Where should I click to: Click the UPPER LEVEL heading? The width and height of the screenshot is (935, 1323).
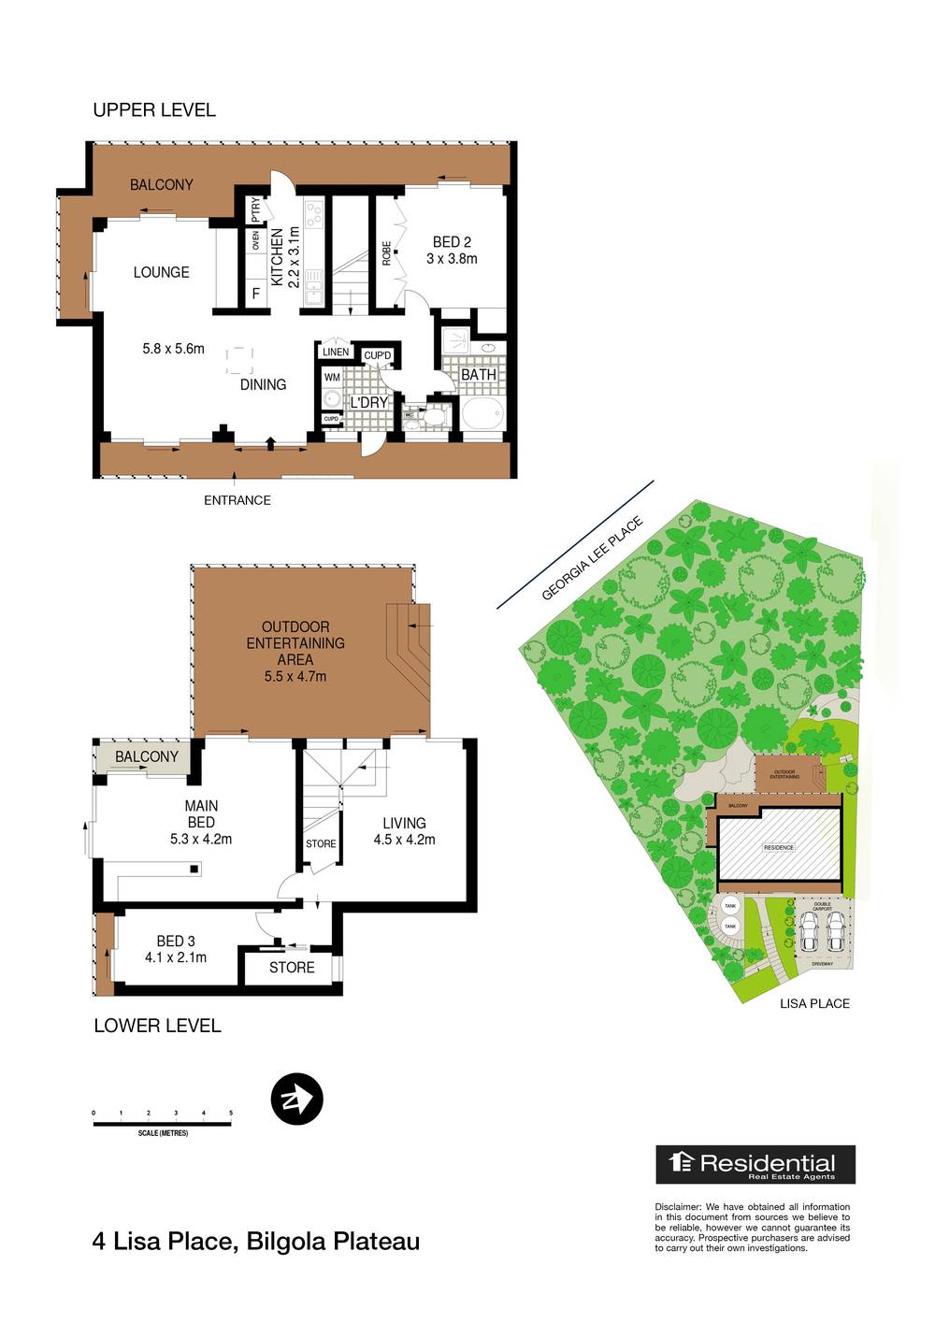coord(154,110)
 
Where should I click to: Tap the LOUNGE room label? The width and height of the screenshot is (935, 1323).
coord(161,272)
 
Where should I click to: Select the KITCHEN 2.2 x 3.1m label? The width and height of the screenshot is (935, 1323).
coord(285,256)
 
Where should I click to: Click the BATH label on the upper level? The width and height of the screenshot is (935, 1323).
coord(479,374)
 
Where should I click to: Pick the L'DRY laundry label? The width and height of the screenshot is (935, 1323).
coord(368,402)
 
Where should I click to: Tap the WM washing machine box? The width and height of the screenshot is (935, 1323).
coord(332,378)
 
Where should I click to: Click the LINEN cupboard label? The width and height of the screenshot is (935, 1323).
coord(336,352)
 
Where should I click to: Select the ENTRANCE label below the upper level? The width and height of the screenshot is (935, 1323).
coord(237,500)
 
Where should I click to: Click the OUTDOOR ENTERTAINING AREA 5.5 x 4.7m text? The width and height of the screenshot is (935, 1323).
coord(295,651)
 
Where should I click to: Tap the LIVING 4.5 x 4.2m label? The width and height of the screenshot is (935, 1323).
coord(404,830)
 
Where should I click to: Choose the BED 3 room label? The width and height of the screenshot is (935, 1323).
coord(176,949)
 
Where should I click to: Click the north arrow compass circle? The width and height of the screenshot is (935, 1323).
coord(296,1099)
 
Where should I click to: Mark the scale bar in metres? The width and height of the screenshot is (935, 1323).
coord(163,1123)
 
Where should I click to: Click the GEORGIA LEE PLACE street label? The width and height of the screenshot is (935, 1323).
coord(592,558)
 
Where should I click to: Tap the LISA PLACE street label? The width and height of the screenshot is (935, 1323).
coord(814,1003)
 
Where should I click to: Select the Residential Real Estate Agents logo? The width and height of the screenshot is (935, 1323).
coord(755,1164)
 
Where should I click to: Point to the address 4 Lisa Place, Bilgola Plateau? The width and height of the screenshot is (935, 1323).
coord(256,1242)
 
